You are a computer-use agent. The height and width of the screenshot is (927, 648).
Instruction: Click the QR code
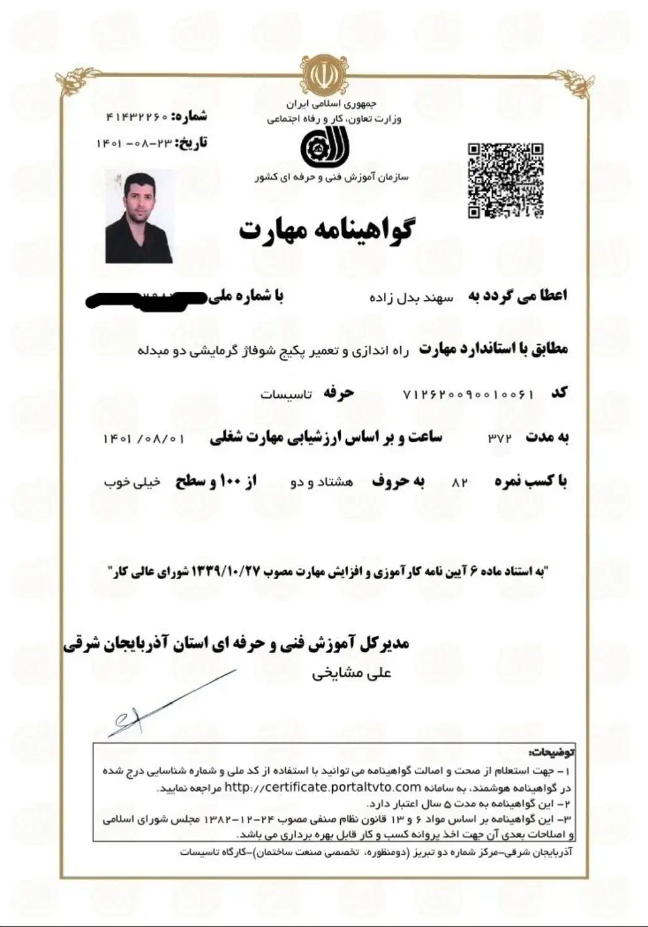pos(505,180)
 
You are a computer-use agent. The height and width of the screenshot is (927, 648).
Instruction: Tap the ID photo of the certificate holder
pos(139,217)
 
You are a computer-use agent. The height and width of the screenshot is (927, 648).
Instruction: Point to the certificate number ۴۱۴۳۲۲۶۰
pos(137,116)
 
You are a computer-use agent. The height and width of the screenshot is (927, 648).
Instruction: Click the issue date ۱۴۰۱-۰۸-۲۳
pos(133,143)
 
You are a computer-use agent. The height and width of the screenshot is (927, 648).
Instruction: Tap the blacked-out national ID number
pos(146,299)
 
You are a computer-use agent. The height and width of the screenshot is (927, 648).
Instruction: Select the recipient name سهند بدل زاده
pos(411,297)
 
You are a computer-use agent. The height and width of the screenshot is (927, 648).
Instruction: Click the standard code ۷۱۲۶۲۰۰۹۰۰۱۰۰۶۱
pos(467,394)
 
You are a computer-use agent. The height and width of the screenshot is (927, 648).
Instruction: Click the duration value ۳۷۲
pos(500,439)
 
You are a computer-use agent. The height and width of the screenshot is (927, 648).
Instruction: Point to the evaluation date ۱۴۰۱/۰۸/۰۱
pos(144,439)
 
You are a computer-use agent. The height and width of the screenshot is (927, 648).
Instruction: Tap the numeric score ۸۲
pos(460,483)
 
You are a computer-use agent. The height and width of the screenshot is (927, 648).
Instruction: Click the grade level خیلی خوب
pos(132,482)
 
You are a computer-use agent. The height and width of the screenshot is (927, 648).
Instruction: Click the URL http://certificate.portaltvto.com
pos(322,787)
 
